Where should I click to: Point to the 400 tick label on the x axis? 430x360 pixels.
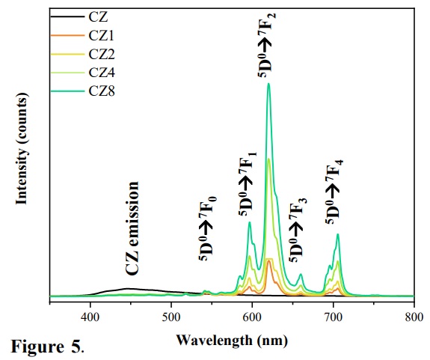point(90,317)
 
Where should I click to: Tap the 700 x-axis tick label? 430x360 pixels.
point(333,317)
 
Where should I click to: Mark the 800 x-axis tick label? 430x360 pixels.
point(413,317)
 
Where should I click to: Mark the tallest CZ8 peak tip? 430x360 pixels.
point(268,85)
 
